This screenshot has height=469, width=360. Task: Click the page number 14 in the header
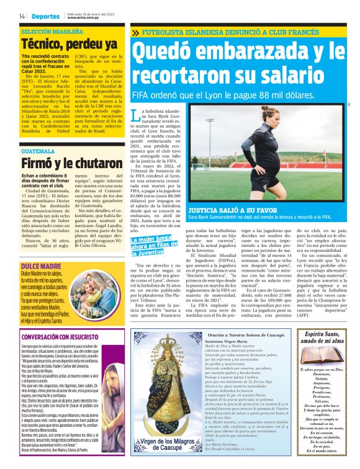22,16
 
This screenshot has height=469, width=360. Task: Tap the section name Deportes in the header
45,16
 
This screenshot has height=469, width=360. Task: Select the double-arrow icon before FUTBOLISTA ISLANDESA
135,32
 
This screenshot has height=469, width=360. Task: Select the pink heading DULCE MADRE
40,249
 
